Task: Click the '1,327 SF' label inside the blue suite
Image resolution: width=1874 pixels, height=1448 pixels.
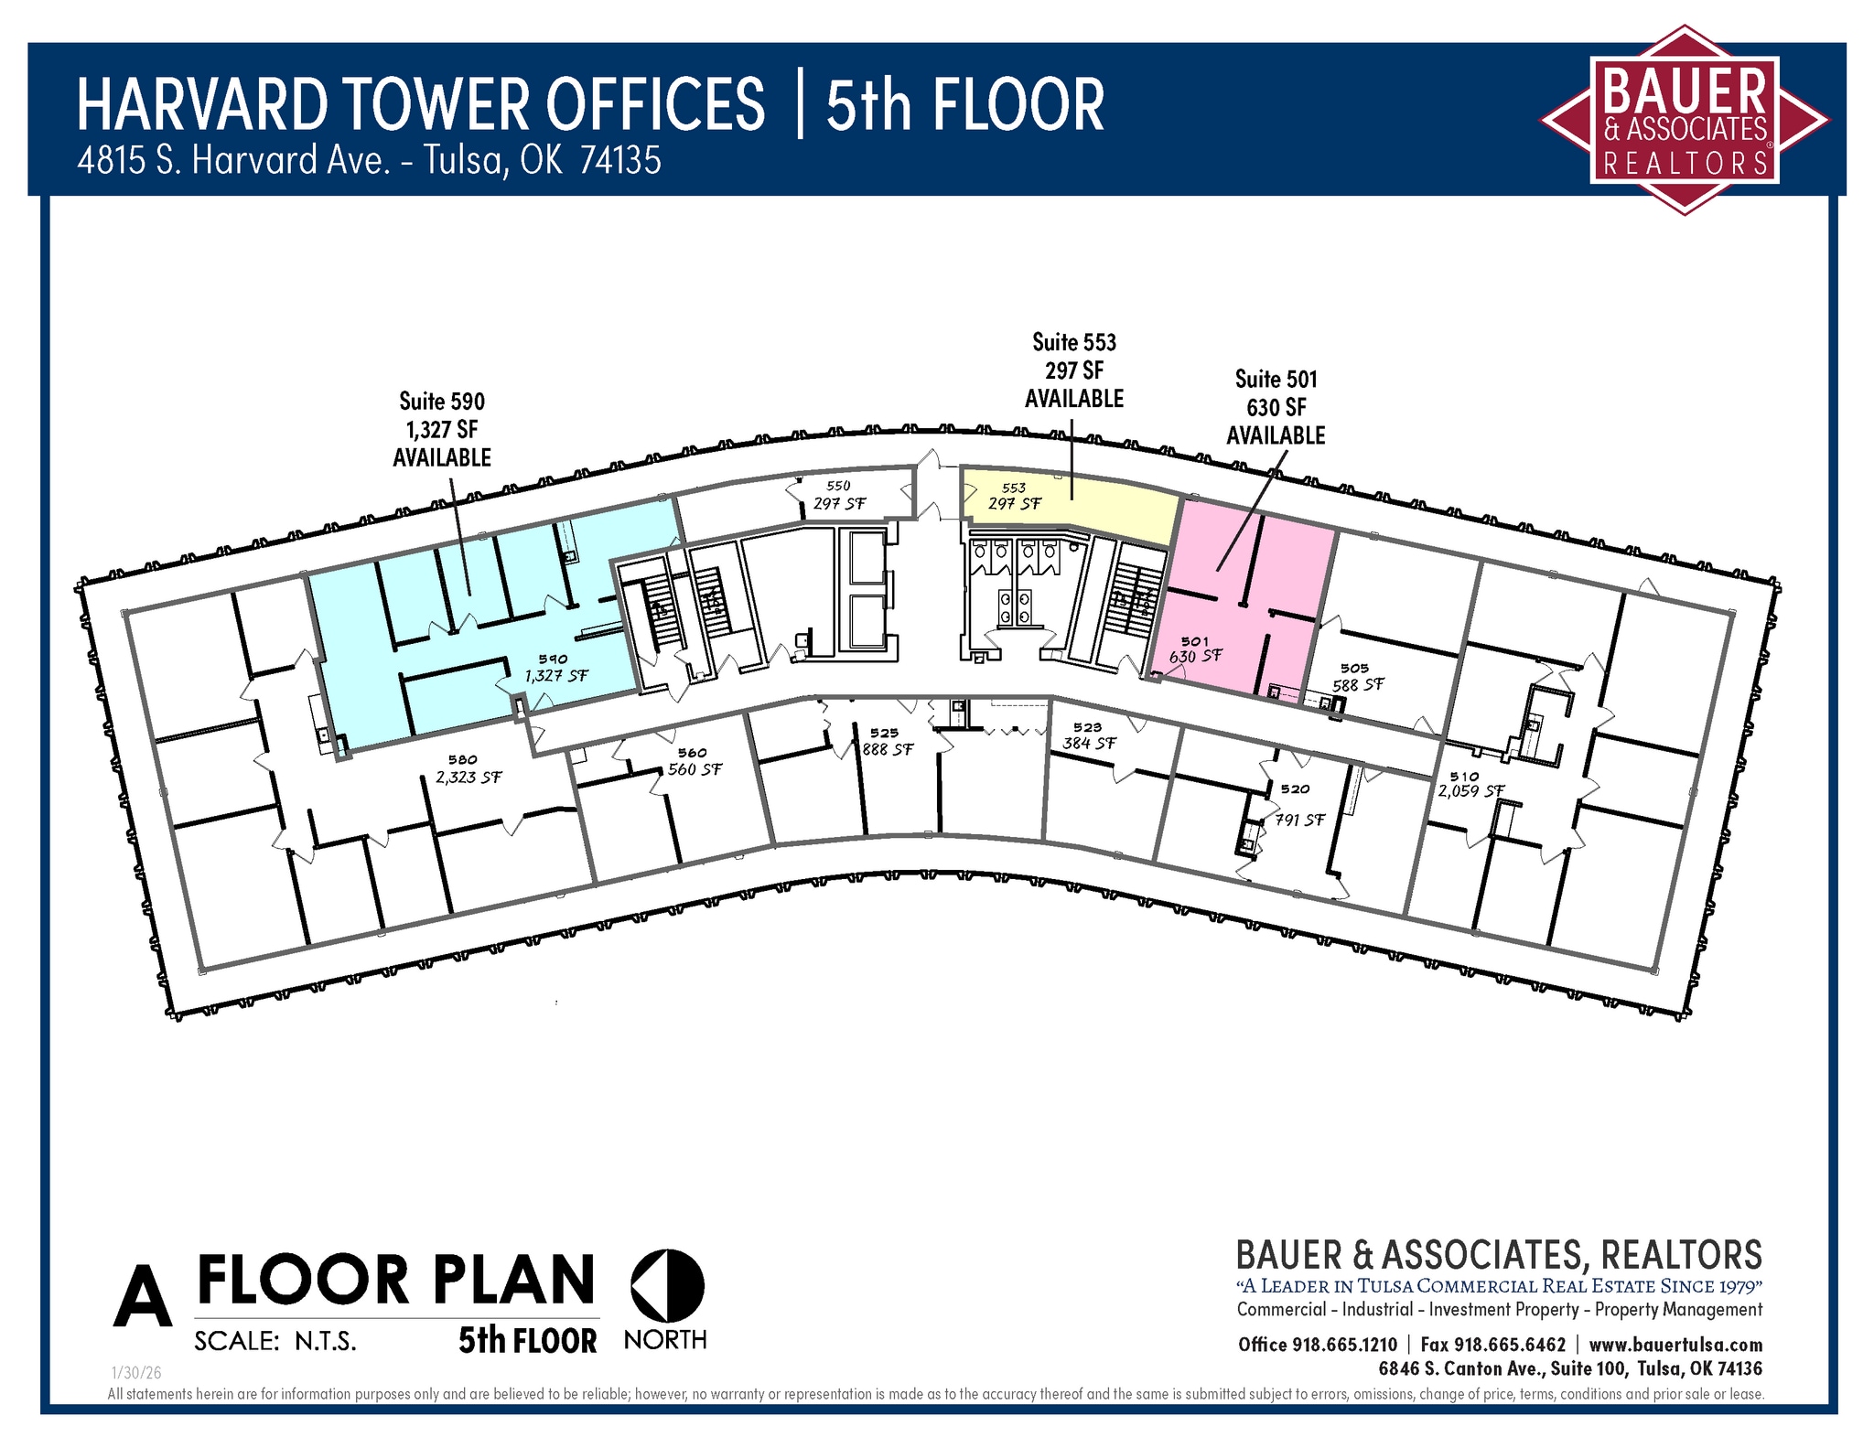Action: (555, 676)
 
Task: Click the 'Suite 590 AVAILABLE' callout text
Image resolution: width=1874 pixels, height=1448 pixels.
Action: (442, 429)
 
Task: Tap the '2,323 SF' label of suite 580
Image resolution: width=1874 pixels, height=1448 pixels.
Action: (468, 778)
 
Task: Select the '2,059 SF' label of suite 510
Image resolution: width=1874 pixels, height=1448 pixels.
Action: (1470, 790)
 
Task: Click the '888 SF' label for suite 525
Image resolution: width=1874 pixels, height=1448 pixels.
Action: (888, 749)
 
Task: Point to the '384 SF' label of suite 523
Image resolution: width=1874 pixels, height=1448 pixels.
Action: (1089, 743)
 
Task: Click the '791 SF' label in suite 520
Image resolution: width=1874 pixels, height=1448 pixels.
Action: (1299, 820)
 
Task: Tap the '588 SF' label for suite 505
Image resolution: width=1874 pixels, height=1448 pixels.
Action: (1358, 684)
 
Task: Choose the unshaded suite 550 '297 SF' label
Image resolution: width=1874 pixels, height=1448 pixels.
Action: (839, 503)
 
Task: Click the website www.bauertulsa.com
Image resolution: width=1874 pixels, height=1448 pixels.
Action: (1675, 1345)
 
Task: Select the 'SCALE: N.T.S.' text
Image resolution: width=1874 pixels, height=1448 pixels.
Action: (275, 1341)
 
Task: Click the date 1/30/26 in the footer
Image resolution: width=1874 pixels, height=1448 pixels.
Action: (135, 1373)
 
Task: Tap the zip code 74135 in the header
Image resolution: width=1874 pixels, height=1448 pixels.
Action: (620, 160)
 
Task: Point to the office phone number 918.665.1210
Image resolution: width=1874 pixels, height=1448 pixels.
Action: (1343, 1345)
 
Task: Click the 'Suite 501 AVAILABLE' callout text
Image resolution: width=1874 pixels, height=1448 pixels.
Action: (1276, 407)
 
